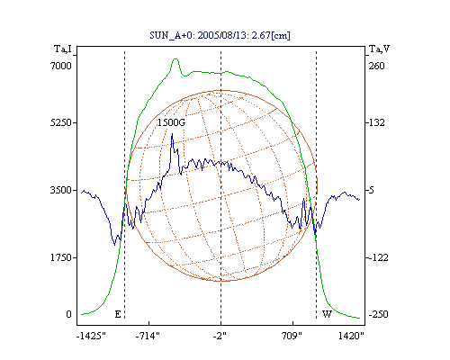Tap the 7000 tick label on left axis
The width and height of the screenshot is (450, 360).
(61, 66)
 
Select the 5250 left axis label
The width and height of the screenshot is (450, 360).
(61, 122)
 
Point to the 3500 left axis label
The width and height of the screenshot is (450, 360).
(61, 190)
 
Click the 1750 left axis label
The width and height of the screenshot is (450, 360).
(61, 257)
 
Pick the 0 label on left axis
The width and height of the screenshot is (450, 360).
(68, 314)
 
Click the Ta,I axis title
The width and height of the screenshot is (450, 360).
(63, 49)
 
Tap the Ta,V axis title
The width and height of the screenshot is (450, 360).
(379, 49)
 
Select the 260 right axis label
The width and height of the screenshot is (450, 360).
(376, 66)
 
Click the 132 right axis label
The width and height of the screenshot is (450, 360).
(376, 122)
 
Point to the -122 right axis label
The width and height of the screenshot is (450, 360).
(378, 257)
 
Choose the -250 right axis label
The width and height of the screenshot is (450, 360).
(378, 314)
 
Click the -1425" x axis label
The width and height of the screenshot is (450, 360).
(91, 336)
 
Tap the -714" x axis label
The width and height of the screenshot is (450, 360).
(148, 336)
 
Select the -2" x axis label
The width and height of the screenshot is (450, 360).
(220, 336)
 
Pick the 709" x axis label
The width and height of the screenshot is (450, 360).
(292, 336)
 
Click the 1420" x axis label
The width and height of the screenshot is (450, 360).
(351, 336)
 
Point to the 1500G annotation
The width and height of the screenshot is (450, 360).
(171, 122)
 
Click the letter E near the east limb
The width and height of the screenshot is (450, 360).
(118, 314)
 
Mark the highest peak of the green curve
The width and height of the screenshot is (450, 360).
(175, 58)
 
